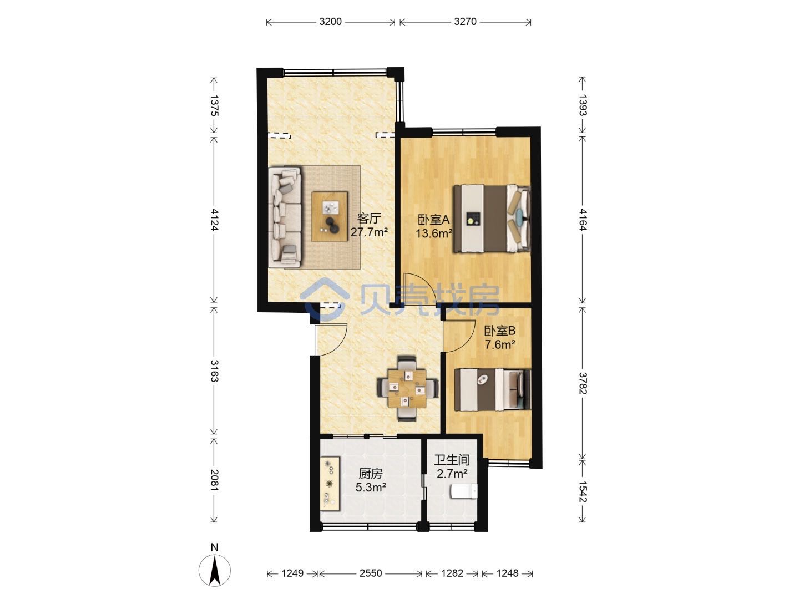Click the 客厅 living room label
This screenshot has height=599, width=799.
(x=369, y=219)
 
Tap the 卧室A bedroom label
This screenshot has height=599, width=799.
(x=434, y=220)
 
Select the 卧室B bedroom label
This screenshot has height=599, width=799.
(x=499, y=331)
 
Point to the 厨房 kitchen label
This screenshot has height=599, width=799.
(x=371, y=474)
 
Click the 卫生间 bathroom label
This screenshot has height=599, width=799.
(x=452, y=460)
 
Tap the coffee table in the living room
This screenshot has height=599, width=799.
(x=330, y=217)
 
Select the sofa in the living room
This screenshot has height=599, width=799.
(x=285, y=217)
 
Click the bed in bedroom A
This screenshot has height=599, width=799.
(x=492, y=219)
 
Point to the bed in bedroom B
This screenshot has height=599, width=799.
(x=493, y=390)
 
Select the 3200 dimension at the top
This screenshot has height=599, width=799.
(x=331, y=22)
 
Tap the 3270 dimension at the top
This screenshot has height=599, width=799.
(x=465, y=22)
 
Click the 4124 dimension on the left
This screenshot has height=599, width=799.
(x=214, y=220)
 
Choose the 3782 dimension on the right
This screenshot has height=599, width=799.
(x=583, y=383)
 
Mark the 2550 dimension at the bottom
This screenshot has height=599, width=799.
(x=371, y=573)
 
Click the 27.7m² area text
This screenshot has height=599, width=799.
(x=369, y=232)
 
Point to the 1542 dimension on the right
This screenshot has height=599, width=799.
(x=583, y=491)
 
